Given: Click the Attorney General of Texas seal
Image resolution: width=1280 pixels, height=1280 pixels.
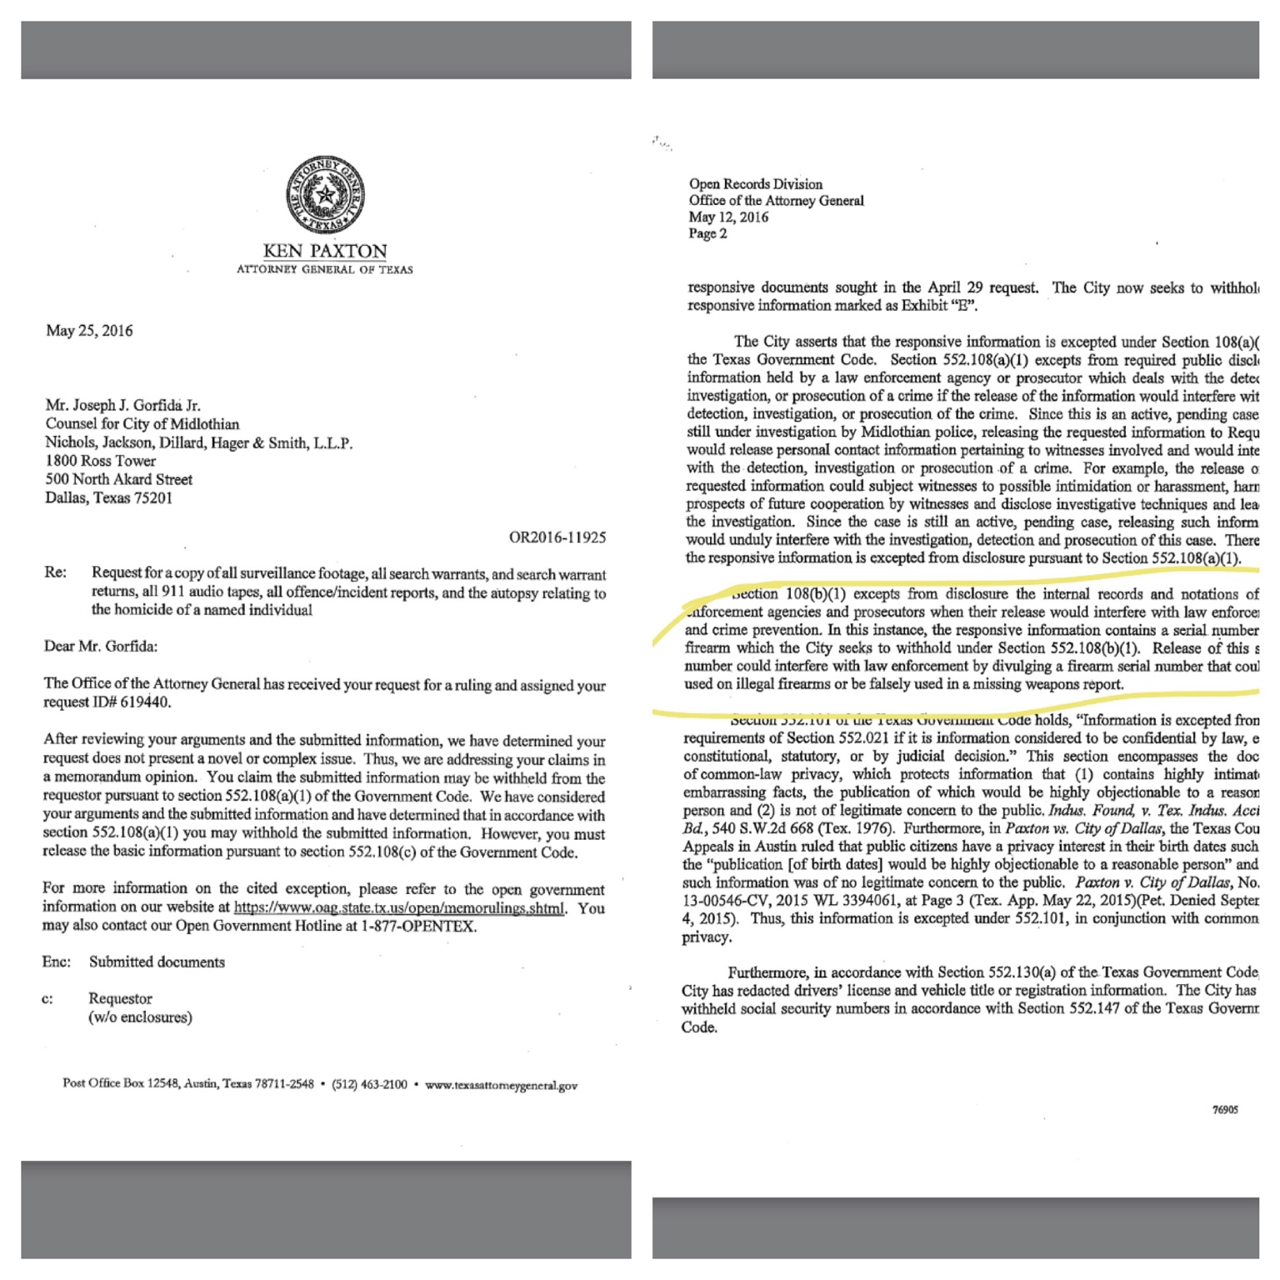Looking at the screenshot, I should [325, 195].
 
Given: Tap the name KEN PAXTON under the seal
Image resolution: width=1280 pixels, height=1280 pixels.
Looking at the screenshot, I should [325, 251].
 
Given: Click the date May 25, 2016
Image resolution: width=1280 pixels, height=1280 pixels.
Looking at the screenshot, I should [89, 331].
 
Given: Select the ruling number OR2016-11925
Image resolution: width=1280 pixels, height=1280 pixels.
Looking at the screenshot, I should [557, 537].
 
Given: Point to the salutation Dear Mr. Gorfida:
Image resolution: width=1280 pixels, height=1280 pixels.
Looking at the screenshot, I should [100, 646].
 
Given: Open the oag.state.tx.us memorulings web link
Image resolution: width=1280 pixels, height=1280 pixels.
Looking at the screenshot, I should [398, 907].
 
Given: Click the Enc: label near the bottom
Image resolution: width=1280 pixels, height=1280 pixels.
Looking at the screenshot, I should [56, 962].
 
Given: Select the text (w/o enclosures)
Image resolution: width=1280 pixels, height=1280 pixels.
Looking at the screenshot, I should [140, 1017].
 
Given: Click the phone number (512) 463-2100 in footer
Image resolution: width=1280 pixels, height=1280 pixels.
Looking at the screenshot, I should [369, 1085].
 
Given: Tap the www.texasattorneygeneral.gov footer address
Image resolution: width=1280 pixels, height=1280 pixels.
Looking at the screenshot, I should [501, 1086].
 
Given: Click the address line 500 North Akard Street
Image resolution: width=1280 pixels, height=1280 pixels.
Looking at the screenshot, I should [118, 479].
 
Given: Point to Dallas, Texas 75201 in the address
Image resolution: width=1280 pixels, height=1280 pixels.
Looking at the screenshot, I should [108, 498].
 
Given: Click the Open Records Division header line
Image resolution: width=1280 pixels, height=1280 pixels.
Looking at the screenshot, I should [755, 184].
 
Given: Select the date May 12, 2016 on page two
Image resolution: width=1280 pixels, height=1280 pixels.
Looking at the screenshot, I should [728, 217].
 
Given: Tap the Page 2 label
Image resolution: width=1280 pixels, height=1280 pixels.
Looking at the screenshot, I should [707, 234].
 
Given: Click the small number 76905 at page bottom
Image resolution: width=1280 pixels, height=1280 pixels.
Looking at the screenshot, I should [1225, 1110].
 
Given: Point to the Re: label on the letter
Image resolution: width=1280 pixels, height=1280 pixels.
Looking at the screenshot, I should [55, 573].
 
